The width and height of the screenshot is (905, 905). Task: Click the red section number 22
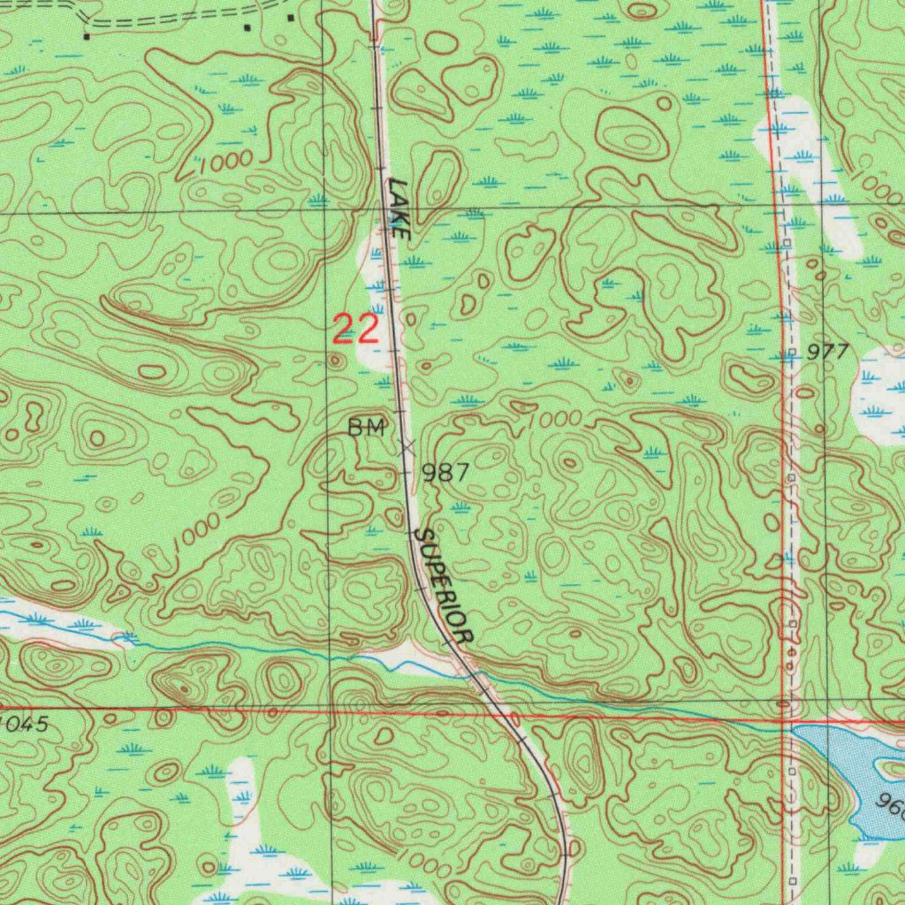[355, 329]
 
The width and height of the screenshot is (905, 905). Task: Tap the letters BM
[366, 429]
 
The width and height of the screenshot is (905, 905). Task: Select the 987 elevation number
[445, 473]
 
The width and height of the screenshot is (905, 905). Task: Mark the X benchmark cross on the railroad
[407, 448]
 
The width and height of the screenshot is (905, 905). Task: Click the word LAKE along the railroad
[398, 209]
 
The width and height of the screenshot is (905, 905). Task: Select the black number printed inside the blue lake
[891, 806]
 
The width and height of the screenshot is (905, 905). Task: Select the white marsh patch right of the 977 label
[879, 393]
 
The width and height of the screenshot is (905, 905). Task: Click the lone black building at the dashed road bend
[86, 36]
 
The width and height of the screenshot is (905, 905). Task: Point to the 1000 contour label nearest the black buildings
[225, 162]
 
